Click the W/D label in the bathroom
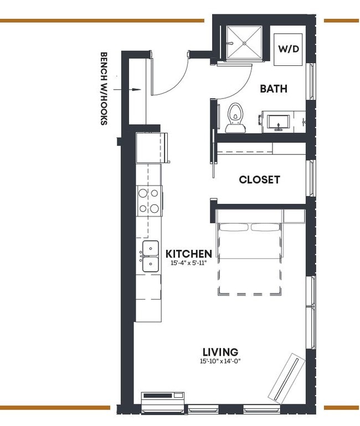[289, 49]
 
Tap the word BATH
[274, 89]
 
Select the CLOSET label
[259, 180]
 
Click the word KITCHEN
[188, 254]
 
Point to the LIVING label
[220, 352]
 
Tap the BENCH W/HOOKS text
[103, 89]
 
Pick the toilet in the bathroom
[236, 117]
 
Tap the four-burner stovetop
[149, 201]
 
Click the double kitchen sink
[150, 256]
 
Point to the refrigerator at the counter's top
[149, 147]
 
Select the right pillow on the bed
[266, 227]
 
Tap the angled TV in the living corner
[286, 376]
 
